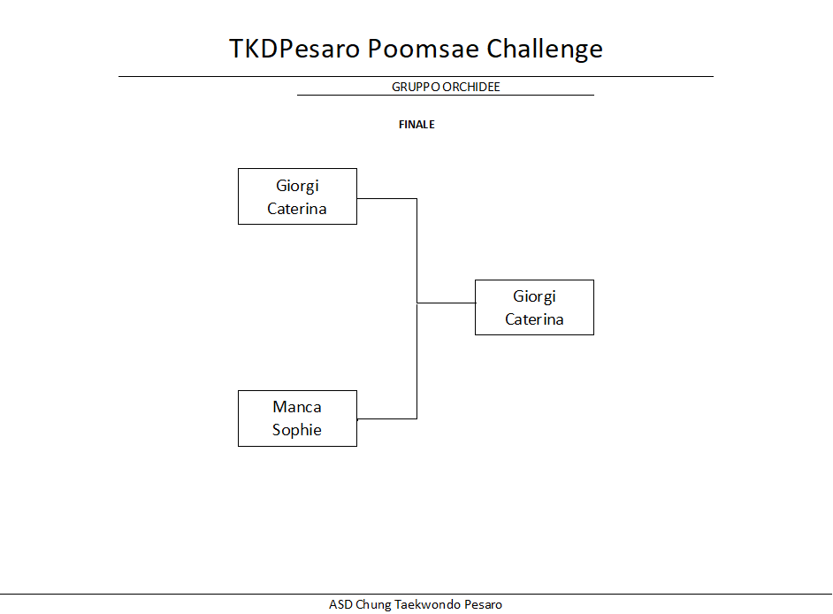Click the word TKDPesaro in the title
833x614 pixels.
294,49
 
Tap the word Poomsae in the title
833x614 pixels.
424,49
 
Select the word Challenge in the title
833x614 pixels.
545,50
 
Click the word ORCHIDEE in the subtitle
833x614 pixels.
471,87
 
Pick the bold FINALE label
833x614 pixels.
416,125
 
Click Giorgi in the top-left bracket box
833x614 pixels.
297,186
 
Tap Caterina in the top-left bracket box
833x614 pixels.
296,209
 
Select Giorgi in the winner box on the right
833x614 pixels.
534,296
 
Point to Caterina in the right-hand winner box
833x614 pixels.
534,319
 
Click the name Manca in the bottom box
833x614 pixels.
297,407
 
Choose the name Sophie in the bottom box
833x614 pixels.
296,430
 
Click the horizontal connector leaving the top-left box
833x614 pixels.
386,199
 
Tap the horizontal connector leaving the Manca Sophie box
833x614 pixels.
386,418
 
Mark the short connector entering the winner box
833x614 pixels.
447,303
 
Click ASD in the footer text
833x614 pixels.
340,604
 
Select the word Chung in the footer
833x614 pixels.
373,605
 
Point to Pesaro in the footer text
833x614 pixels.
483,604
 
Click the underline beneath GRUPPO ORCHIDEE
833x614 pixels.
445,96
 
